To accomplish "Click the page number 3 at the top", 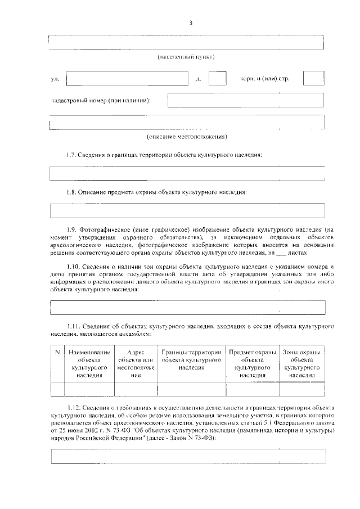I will click(191, 23).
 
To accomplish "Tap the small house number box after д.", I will click(217, 79).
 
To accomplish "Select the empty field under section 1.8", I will click(187, 210).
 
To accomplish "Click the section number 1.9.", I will click(70, 229).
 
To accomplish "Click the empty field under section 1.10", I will click(187, 308).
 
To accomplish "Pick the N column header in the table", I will click(57, 352).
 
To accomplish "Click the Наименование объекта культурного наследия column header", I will click(89, 363).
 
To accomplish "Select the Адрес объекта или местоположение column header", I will click(136, 363).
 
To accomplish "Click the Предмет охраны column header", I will click(253, 363).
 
